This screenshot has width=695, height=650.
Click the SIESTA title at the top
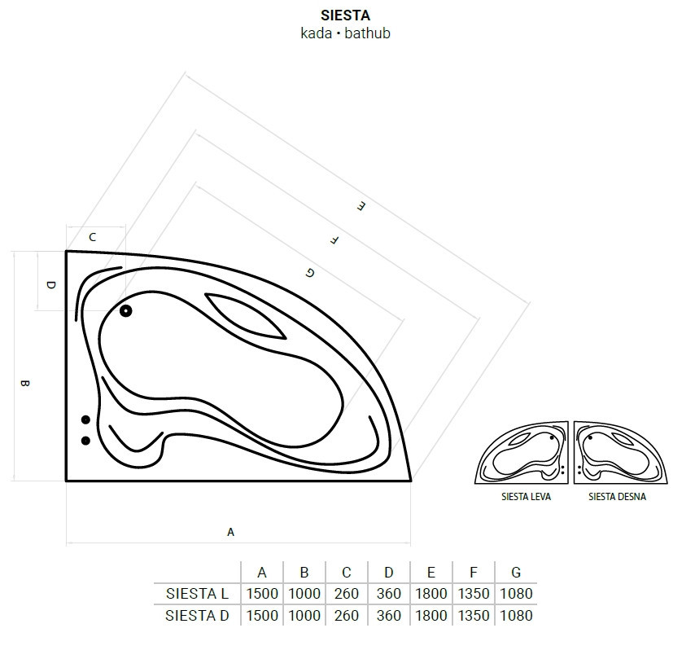pyautogui.click(x=345, y=15)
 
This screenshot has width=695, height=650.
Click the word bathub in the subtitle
pyautogui.click(x=368, y=33)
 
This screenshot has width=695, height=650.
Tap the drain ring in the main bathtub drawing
pyautogui.click(x=126, y=311)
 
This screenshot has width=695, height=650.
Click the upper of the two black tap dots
pyautogui.click(x=86, y=419)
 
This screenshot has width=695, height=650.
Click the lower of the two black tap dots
pyautogui.click(x=86, y=441)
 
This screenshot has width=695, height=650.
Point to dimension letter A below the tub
pyautogui.click(x=230, y=532)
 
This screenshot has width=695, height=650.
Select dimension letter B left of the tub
pyautogui.click(x=24, y=383)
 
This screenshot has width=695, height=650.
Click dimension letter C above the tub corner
pyautogui.click(x=92, y=237)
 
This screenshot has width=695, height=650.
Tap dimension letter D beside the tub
pyautogui.click(x=51, y=285)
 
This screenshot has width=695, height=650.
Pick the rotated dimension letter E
pyautogui.click(x=361, y=206)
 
